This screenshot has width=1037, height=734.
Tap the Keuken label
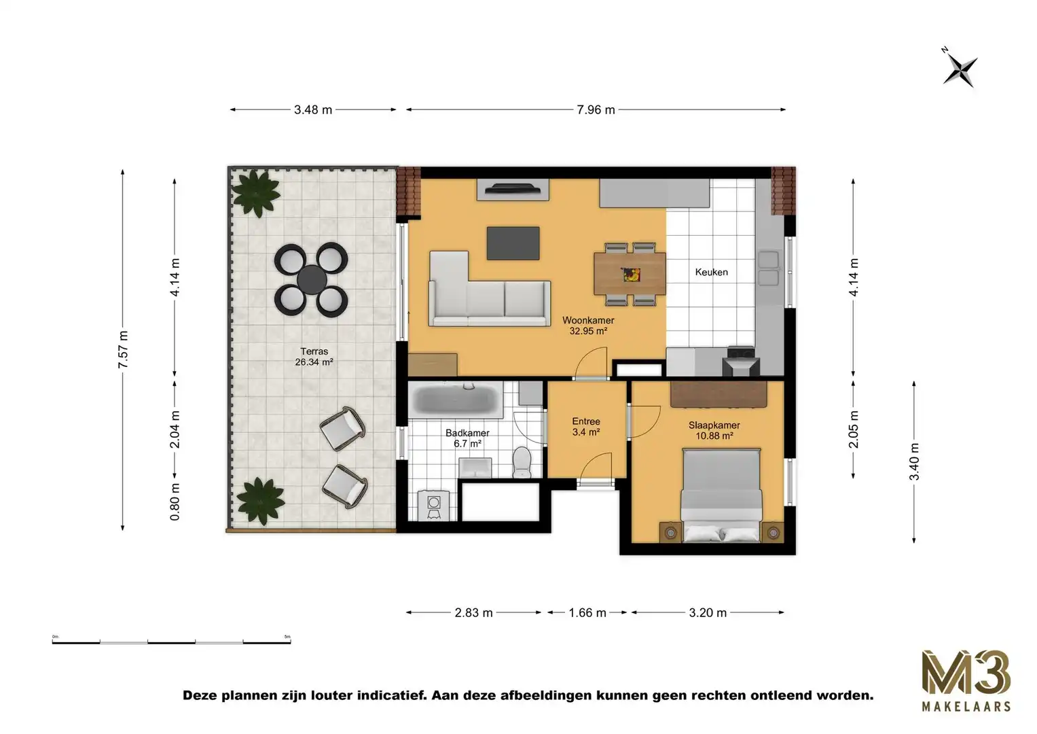tap(711, 272)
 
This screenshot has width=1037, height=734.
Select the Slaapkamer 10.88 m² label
tap(714, 430)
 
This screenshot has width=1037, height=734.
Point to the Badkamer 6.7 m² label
tap(467, 438)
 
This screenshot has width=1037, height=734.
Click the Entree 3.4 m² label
tap(585, 426)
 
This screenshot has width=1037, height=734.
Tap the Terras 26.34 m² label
tap(314, 357)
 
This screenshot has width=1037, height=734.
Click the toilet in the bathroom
tap(522, 463)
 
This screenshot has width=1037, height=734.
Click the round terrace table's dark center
tap(312, 279)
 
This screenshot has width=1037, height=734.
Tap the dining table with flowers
tap(630, 274)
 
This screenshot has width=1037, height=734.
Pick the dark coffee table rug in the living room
tap(513, 243)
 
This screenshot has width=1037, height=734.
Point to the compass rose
tap(960, 69)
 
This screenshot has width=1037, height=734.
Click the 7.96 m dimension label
tap(596, 109)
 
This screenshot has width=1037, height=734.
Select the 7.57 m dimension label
tap(123, 350)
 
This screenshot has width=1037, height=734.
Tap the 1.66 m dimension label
tap(587, 612)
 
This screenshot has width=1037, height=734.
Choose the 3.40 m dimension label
tap(915, 461)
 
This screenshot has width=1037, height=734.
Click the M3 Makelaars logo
tap(965, 680)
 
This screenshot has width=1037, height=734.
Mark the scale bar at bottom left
tap(171, 641)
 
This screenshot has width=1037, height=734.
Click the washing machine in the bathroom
tap(433, 504)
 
